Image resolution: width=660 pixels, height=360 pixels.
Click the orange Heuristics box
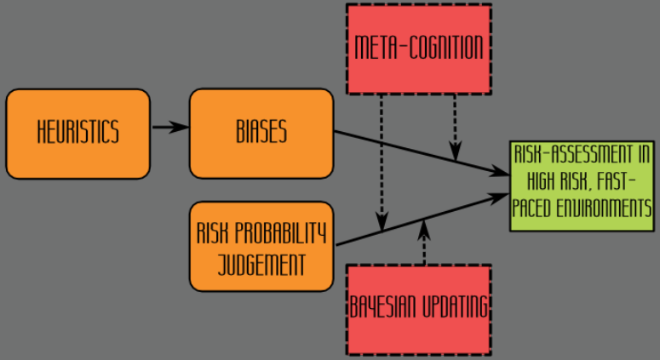tap(77, 133)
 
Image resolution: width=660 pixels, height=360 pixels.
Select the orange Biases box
tap(261, 133)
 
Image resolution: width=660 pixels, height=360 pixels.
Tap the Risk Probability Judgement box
tap(261, 247)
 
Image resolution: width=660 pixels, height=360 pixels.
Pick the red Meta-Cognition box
tap(418, 48)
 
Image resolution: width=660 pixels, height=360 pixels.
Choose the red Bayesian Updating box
tap(418, 308)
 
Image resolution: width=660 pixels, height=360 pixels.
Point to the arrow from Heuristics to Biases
tap(169, 128)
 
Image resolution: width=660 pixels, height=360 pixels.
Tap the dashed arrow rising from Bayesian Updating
tap(423, 243)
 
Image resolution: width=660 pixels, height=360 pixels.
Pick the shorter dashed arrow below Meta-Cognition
tap(455, 123)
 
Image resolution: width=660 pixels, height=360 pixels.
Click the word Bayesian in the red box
tap(383, 308)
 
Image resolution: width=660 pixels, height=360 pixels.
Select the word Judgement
tap(261, 264)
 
